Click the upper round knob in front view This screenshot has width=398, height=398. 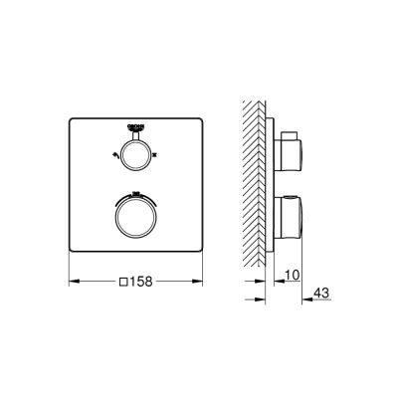(135, 152)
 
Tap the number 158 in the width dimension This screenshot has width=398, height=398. (143, 282)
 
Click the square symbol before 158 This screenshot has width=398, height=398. (123, 282)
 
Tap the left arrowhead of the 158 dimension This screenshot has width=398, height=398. (72, 282)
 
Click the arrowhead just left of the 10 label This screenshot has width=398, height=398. (274, 283)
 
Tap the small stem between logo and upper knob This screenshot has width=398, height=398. (135, 138)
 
